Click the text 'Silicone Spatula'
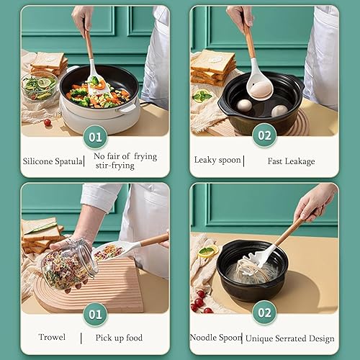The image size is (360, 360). pyautogui.click(x=53, y=161)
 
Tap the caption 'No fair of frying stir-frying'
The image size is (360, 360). pyautogui.click(x=125, y=161)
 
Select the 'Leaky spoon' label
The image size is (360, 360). pyautogui.click(x=217, y=160)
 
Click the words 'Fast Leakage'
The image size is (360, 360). pyautogui.click(x=291, y=161)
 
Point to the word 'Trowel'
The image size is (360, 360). pyautogui.click(x=52, y=337)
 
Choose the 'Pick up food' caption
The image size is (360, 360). pyautogui.click(x=119, y=337)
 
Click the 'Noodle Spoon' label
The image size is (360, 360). pyautogui.click(x=215, y=337)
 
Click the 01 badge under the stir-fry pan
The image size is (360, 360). pyautogui.click(x=95, y=135)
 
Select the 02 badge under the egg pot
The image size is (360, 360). pyautogui.click(x=264, y=135)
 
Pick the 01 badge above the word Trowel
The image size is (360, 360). pyautogui.click(x=95, y=314)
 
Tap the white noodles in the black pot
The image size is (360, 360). pyautogui.click(x=251, y=272)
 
